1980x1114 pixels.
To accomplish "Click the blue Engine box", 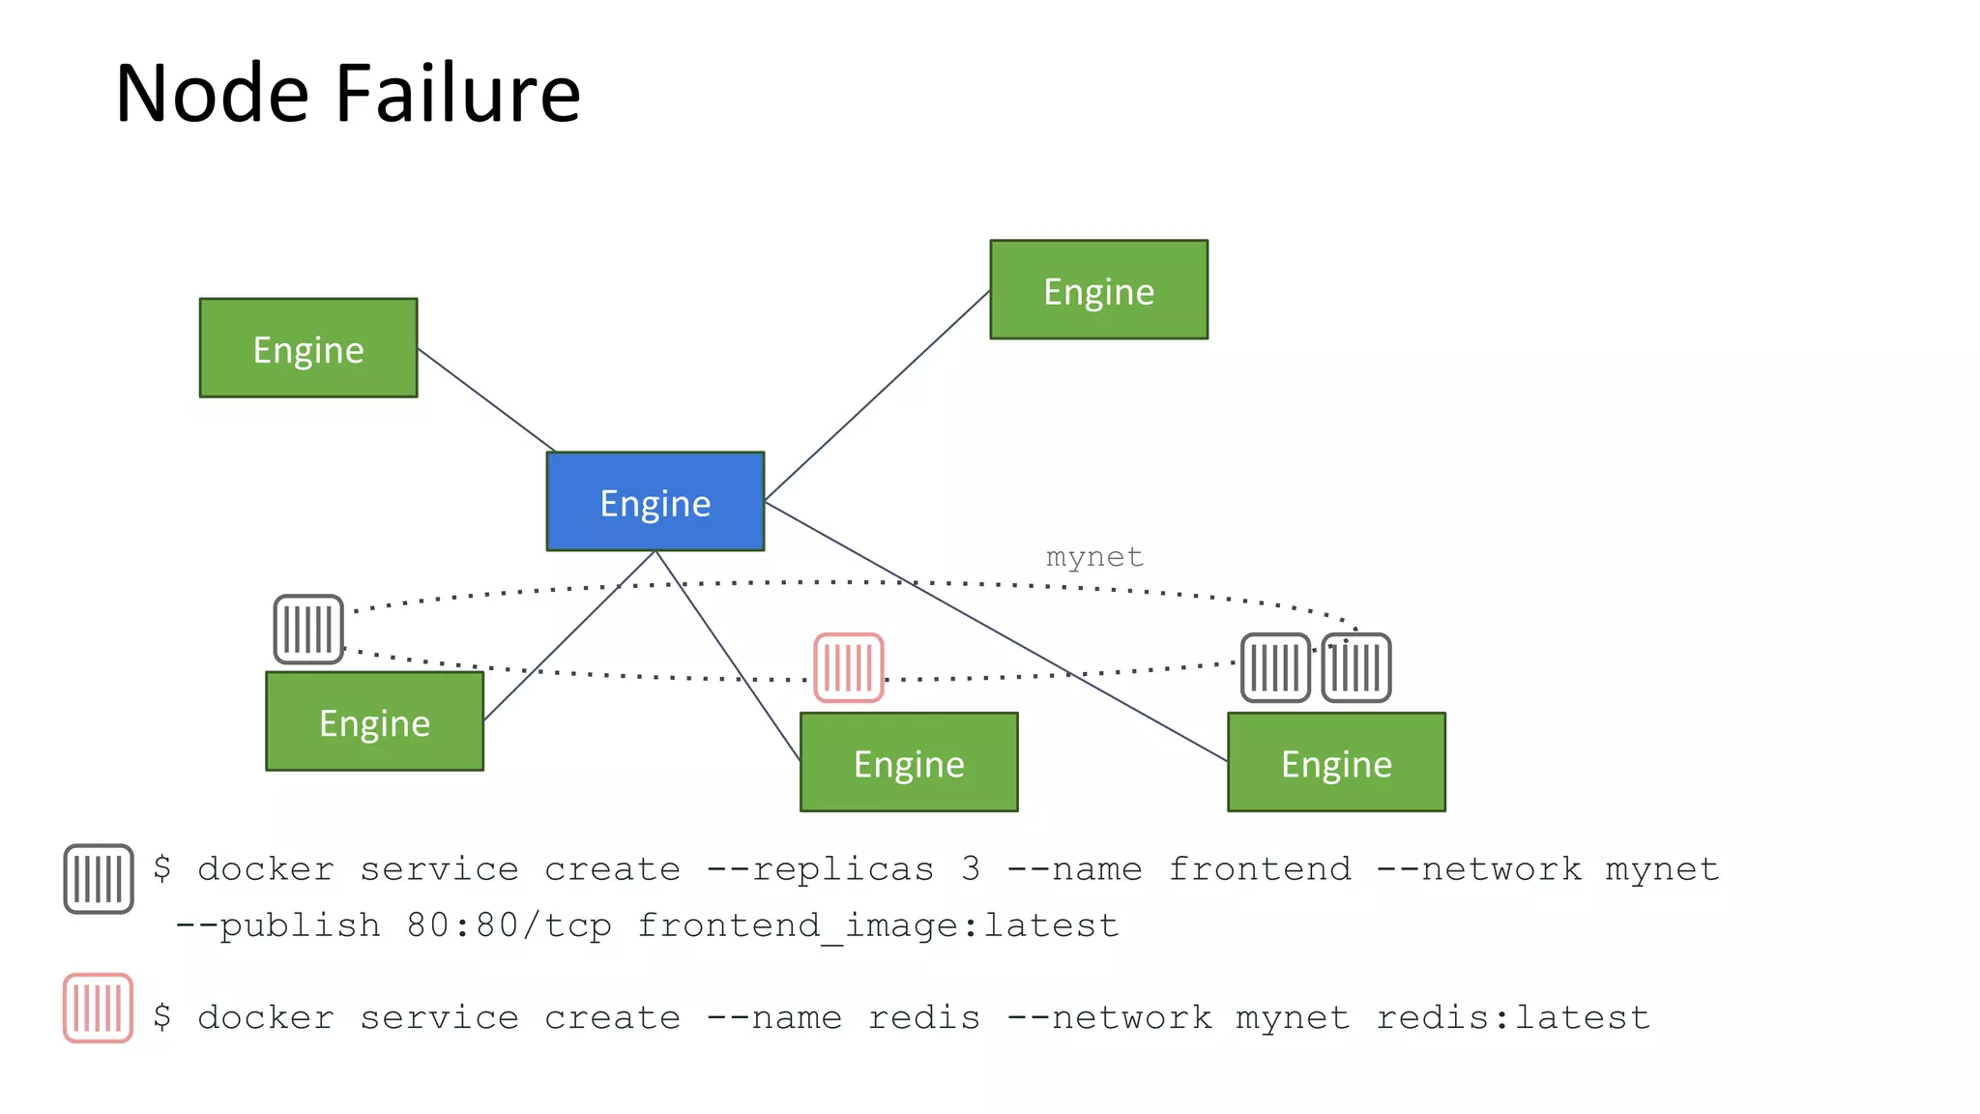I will [655, 501].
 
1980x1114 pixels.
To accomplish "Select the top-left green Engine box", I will [308, 347].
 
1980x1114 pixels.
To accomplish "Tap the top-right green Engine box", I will [1098, 289].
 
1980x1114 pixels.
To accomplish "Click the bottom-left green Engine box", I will [374, 721].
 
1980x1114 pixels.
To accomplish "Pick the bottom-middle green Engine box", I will [909, 762].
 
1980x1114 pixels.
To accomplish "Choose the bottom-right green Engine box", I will [1336, 762].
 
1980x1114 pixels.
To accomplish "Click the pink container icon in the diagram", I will [848, 667].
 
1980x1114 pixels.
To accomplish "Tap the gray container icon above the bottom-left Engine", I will [308, 630].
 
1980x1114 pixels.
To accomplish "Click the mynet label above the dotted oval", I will [1094, 557].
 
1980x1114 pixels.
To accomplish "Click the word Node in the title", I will [212, 94].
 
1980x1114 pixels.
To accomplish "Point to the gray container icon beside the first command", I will [98, 878].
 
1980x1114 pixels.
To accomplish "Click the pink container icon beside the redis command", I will [98, 1009].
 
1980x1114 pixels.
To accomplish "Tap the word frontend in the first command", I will [1259, 869].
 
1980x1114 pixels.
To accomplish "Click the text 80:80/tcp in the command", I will [509, 925].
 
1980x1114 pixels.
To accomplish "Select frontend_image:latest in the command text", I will [878, 925].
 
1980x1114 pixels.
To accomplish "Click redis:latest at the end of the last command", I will [1512, 1017].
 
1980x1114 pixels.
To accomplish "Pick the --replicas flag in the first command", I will [820, 869].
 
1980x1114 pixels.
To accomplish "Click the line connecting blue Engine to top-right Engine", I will [877, 395].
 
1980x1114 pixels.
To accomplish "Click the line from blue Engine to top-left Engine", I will [486, 400].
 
